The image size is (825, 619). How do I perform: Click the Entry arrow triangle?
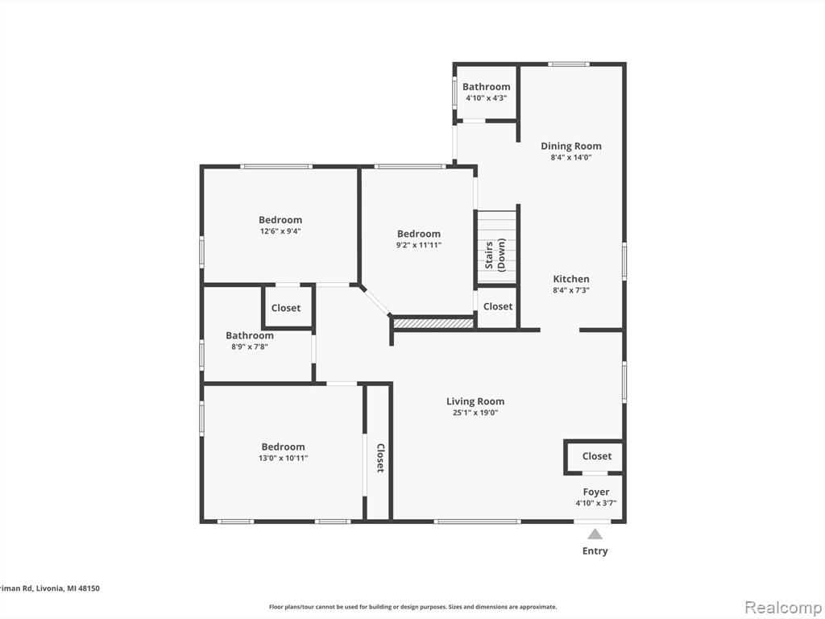(595, 534)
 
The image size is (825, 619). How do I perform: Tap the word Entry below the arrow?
(595, 551)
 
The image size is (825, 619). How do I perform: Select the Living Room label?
(475, 401)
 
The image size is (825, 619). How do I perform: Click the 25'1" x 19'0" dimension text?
(475, 413)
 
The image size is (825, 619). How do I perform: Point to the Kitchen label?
(571, 279)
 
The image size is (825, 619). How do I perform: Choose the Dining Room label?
(571, 147)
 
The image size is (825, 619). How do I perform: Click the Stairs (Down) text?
(495, 255)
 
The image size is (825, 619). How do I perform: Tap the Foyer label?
(596, 492)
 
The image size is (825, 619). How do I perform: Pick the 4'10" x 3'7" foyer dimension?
(596, 503)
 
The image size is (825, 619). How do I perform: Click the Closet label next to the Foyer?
(597, 456)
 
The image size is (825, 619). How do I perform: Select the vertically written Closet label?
(380, 458)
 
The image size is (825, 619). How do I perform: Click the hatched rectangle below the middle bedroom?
(434, 323)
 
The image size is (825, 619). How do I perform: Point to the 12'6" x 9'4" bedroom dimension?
(280, 231)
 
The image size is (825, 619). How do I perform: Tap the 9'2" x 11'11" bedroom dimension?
(419, 245)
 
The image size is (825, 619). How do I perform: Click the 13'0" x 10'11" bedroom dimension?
(283, 458)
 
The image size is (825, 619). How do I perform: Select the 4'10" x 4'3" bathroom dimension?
(486, 98)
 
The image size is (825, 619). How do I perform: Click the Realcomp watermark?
(783, 607)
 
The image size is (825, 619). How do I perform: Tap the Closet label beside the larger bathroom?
(286, 308)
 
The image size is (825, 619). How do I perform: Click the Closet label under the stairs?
(498, 306)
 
